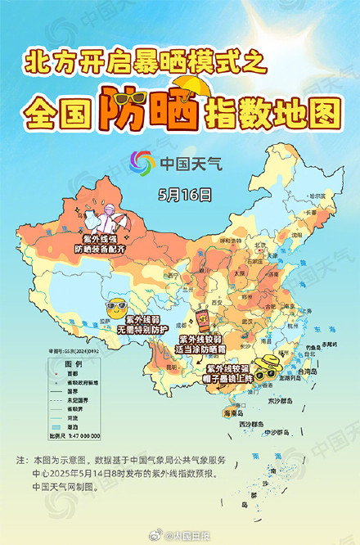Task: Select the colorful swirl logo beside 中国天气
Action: (x=142, y=162)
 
